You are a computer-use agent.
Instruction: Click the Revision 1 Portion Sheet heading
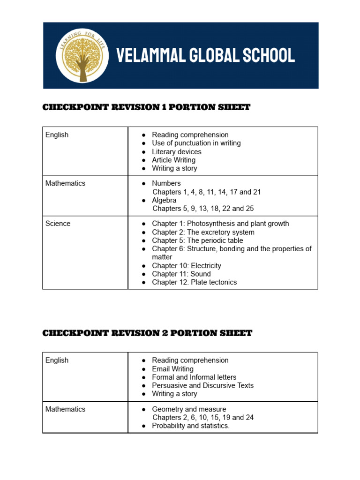146,107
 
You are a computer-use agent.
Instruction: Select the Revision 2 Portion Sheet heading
147,333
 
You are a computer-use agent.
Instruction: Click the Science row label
58,224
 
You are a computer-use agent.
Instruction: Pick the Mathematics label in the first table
65,183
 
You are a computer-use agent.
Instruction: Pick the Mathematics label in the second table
65,409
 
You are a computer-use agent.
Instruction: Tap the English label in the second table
57,360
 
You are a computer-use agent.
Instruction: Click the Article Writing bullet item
173,160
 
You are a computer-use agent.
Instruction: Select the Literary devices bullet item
176,152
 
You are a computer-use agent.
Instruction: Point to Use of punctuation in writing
196,143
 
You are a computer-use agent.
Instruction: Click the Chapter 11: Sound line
181,274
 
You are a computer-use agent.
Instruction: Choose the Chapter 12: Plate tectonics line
194,282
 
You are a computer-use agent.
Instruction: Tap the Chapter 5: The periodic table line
197,240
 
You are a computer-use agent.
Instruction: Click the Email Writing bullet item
172,369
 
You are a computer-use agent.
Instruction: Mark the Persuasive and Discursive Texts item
202,385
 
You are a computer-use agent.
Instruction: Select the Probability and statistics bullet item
190,426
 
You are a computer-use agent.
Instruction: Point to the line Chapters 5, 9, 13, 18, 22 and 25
203,209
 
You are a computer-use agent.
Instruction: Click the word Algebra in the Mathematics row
164,200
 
